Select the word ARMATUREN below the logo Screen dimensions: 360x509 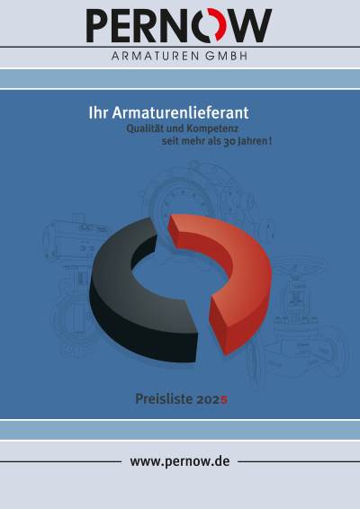coord(156,56)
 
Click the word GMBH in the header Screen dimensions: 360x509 coord(226,56)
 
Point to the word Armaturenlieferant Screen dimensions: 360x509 coord(180,113)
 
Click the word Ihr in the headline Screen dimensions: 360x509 coord(98,113)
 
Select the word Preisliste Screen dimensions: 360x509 coord(164,399)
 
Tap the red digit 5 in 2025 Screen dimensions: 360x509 coord(224,399)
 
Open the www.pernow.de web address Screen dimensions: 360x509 coord(180,461)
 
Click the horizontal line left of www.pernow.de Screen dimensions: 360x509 coord(61,461)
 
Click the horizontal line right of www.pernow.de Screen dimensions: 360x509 coord(299,461)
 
